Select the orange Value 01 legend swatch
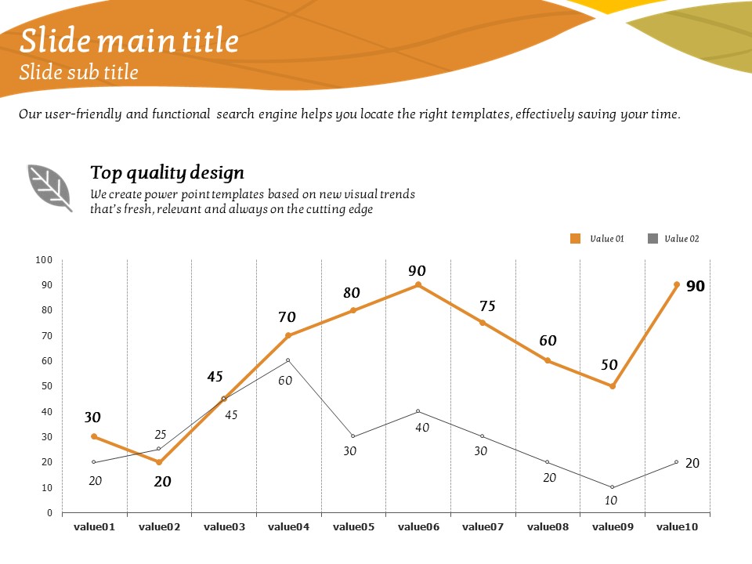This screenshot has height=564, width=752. pos(576,239)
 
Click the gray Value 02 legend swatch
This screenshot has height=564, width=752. pos(653,239)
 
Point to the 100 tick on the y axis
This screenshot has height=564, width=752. pos(45,260)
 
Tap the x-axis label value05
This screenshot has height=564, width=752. pos(353,528)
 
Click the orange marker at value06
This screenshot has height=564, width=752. pos(418,285)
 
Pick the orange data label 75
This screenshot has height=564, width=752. pos(487,305)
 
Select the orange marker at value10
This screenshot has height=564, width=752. pos(677,285)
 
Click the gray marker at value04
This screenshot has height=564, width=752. pos(288,360)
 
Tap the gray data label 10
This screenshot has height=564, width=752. pos(611,500)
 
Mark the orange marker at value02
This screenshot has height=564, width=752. pos(159,462)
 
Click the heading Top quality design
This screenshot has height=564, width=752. pos(167,172)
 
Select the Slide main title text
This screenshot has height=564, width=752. pos(129,41)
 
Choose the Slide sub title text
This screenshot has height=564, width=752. pos(78,73)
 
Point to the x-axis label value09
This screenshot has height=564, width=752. pos(612,528)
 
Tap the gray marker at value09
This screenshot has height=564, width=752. pos(612,487)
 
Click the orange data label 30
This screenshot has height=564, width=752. pos(93,418)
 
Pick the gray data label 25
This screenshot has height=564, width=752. pos(161,435)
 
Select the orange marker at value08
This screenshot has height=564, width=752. pos(548,360)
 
